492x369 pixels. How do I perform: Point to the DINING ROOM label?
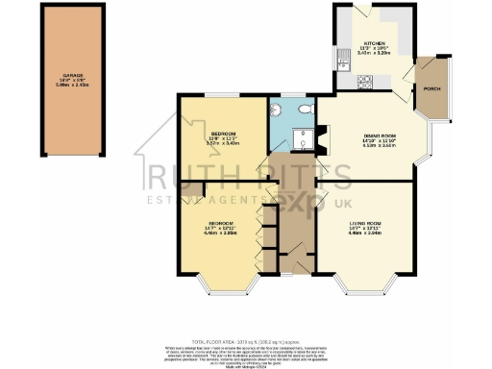click(366, 135)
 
